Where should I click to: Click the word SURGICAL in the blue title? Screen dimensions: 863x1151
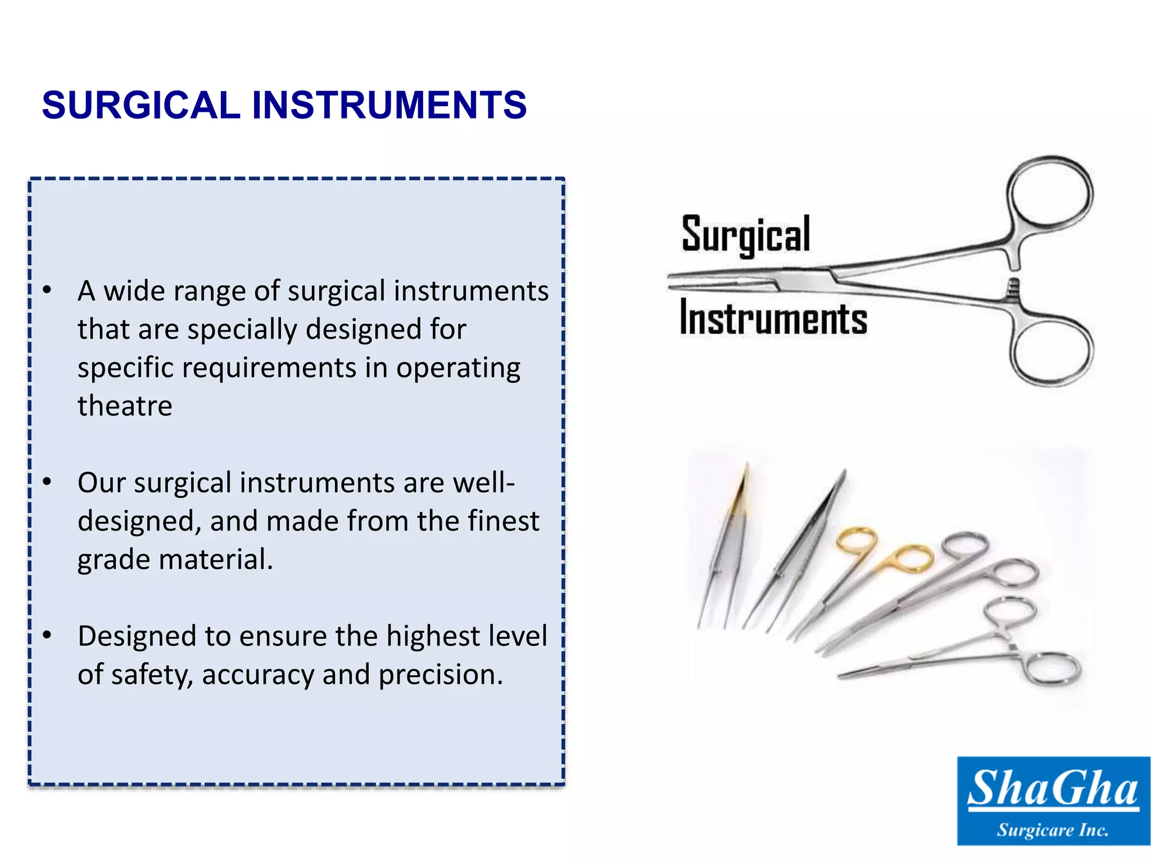[x=141, y=105]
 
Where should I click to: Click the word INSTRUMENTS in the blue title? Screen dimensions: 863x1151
[x=389, y=105]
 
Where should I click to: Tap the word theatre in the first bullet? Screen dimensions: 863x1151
[x=125, y=406]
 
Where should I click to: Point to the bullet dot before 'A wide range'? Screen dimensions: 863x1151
[x=47, y=290]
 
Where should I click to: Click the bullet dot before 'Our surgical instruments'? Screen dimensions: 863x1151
[x=47, y=482]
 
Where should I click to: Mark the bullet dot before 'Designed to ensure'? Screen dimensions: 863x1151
[x=47, y=635]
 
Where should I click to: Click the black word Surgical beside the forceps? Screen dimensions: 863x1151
[x=746, y=235]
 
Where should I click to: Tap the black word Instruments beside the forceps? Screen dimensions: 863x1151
[x=773, y=318]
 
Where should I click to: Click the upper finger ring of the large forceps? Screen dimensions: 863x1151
[x=1049, y=193]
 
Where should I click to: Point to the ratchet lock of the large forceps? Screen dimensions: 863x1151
[x=1013, y=288]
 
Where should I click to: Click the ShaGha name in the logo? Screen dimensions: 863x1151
[x=1053, y=788]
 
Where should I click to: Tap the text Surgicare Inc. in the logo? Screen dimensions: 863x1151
[x=1053, y=830]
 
